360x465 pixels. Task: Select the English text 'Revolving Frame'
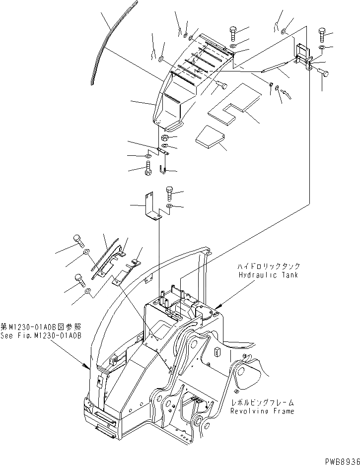click(262, 411)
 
